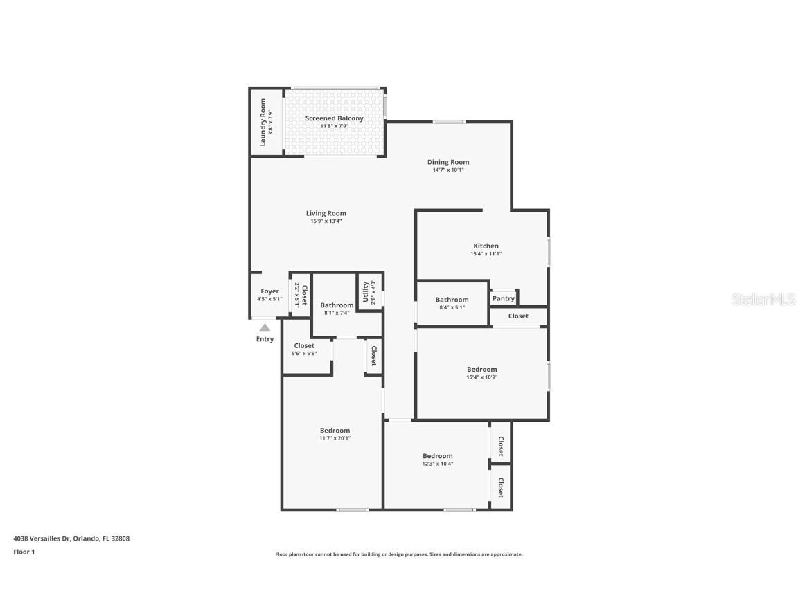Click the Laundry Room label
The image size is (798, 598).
tap(263, 123)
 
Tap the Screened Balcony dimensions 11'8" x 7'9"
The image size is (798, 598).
tap(334, 127)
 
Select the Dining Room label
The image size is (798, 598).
tap(447, 162)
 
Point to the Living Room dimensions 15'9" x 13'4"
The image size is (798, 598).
tap(326, 221)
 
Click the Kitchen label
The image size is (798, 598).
tap(486, 246)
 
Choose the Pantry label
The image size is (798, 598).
tap(504, 299)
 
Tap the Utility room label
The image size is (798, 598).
tap(366, 292)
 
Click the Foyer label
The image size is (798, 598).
tap(269, 291)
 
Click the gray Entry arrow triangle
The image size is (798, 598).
tap(265, 327)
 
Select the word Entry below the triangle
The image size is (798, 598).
tap(265, 339)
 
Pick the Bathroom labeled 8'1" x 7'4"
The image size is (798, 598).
tap(337, 305)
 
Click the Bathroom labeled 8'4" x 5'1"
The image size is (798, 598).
tap(452, 300)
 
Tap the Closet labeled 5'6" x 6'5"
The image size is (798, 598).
tap(304, 345)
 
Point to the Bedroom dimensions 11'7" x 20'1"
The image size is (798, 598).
tap(335, 438)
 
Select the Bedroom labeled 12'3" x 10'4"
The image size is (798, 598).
tap(438, 455)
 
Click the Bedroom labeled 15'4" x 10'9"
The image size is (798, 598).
tap(481, 369)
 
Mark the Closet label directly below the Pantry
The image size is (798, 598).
tap(518, 316)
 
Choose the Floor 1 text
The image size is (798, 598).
tap(24, 552)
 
